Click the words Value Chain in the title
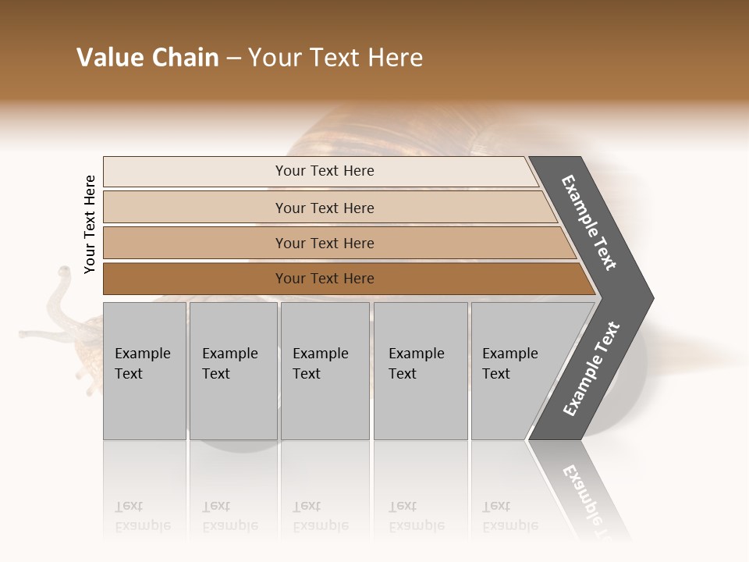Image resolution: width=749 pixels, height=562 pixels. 147,58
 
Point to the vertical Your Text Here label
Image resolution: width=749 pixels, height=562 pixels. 90,224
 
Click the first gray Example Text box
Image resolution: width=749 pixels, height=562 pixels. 144,371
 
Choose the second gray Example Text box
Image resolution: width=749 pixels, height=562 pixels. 233,371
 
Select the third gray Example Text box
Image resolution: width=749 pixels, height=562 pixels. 325,371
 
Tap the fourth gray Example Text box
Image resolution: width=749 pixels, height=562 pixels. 421,371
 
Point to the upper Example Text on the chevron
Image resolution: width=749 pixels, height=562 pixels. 589,222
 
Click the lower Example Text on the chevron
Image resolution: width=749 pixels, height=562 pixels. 591,369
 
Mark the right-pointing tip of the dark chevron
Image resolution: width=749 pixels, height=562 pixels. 651,297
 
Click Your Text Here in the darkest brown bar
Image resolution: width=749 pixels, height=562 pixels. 325,279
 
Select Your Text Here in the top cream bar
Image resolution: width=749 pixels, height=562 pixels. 325,171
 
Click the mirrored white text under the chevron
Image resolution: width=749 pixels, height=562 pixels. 590,500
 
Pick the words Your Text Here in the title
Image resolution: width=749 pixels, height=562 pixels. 335,58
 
